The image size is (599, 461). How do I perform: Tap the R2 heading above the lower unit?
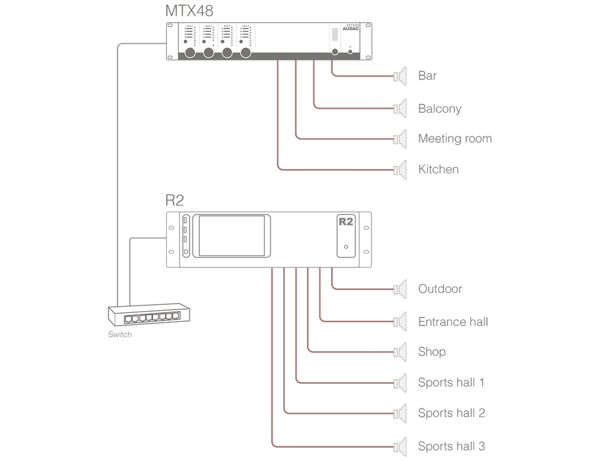pos(174,200)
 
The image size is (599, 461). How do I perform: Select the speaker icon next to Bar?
pos(401,76)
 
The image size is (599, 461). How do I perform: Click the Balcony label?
pos(440,109)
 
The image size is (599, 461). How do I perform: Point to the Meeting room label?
pos(455,139)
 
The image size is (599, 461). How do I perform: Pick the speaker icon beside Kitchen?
pos(401,170)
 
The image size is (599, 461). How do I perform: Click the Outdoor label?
pos(440,289)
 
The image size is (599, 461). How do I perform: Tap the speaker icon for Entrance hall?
pos(401,322)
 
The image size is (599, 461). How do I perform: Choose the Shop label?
pos(432,352)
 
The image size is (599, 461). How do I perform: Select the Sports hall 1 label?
pos(451,383)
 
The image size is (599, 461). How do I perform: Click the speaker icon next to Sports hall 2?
pos(401,413)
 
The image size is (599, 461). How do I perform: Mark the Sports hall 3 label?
pos(451,446)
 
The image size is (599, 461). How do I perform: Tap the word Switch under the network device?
pos(120,335)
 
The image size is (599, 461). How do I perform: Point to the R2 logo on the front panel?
pos(346,222)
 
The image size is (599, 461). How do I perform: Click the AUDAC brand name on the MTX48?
pos(350,29)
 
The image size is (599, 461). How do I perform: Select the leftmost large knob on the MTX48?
pos(190,53)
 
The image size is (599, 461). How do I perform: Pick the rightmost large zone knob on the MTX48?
pos(245,53)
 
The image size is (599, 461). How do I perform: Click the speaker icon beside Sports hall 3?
pos(401,446)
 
